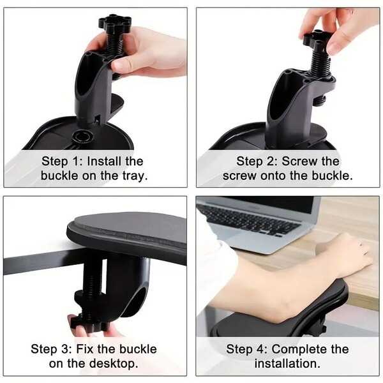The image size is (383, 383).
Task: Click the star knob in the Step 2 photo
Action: (x=317, y=39)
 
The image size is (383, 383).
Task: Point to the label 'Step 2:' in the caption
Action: (x=258, y=161)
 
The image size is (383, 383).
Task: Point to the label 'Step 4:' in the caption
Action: (x=247, y=349)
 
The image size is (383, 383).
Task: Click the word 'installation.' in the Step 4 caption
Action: (x=287, y=364)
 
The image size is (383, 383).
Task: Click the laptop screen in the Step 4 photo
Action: (x=268, y=203)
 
